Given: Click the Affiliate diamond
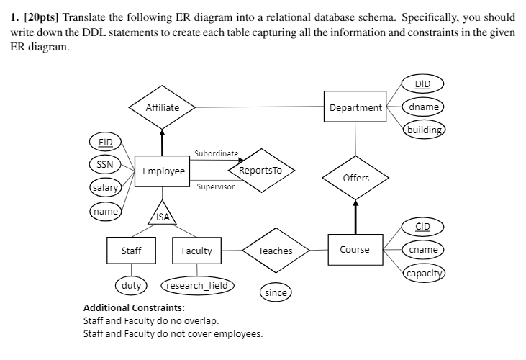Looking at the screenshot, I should tap(162, 108).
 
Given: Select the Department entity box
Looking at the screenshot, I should tap(355, 108).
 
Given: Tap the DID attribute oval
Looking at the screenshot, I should tap(423, 84).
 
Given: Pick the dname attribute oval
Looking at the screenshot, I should tap(424, 107).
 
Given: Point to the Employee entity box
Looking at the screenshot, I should tap(163, 171).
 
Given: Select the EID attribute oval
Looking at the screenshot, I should tap(105, 142).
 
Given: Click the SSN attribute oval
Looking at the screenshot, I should tap(105, 164).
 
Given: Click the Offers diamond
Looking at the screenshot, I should tap(355, 178).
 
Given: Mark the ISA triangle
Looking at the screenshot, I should tap(163, 214).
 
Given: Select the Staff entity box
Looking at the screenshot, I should tap(131, 251).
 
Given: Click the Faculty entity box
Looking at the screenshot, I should tap(196, 251).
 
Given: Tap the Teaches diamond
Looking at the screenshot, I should tap(275, 251).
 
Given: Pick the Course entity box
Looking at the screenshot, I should tap(355, 249).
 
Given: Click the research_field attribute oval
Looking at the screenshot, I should tap(197, 285).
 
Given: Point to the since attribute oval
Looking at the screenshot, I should tap(276, 292).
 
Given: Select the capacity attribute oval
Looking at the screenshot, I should tap(424, 274).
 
